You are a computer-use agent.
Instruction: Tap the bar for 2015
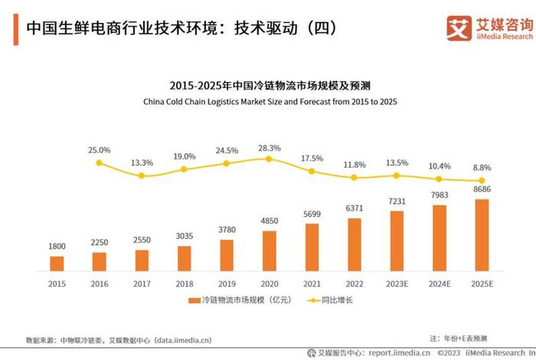click(x=57, y=263)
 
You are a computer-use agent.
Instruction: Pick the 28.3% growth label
click(x=269, y=148)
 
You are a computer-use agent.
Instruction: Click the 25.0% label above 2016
click(x=99, y=150)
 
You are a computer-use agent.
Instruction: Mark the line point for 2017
click(x=142, y=176)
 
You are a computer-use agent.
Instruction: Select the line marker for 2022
click(x=354, y=178)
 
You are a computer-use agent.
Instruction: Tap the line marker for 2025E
click(x=482, y=181)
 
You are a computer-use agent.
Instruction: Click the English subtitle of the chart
click(x=269, y=101)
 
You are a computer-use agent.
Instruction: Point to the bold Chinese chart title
click(x=269, y=85)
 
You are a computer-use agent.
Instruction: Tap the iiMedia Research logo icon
click(x=458, y=28)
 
